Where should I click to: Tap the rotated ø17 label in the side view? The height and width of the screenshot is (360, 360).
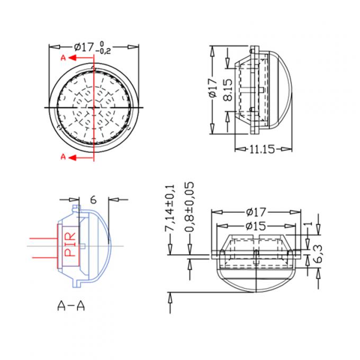pos(213,88)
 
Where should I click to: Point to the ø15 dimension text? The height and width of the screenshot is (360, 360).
pos(256,226)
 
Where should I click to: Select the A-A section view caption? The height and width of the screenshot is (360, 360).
pos(71,305)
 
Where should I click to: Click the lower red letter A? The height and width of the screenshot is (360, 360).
pos(63,157)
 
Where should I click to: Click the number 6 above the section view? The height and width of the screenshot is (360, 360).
pos(93,200)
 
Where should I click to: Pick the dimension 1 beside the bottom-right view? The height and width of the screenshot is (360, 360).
pos(310,224)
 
